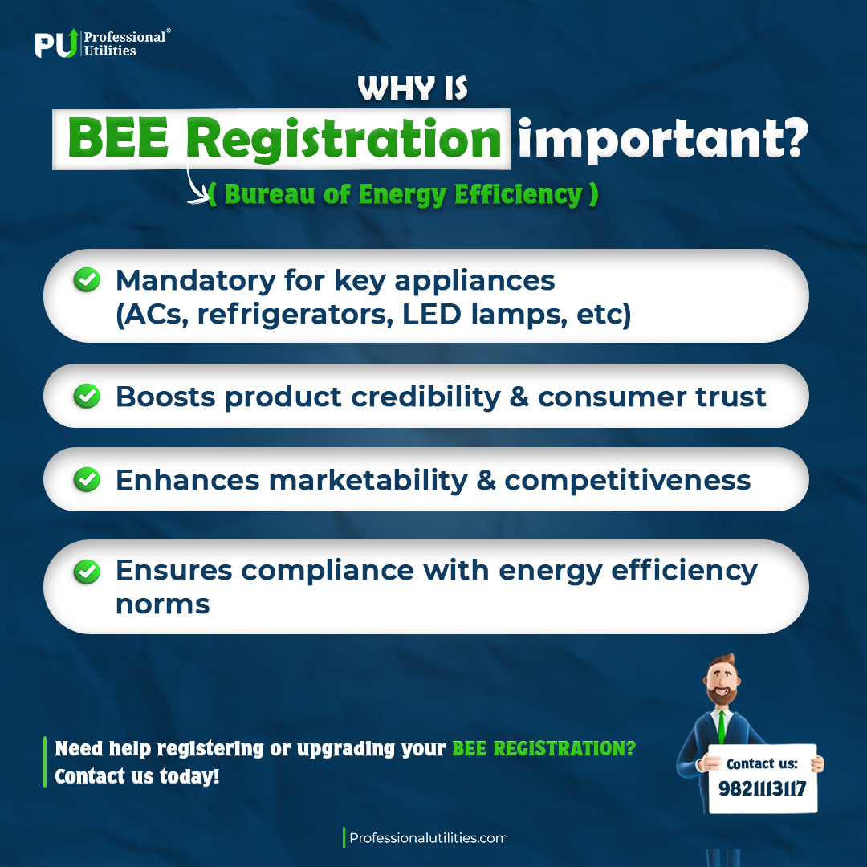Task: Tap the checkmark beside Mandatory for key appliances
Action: point(87,280)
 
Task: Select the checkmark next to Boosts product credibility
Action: point(87,396)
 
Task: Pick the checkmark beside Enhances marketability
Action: point(87,479)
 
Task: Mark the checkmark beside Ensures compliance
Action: point(87,572)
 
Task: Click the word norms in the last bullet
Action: point(162,604)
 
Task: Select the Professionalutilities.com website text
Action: point(429,838)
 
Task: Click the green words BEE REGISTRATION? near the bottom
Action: point(543,748)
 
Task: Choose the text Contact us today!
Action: point(136,777)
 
